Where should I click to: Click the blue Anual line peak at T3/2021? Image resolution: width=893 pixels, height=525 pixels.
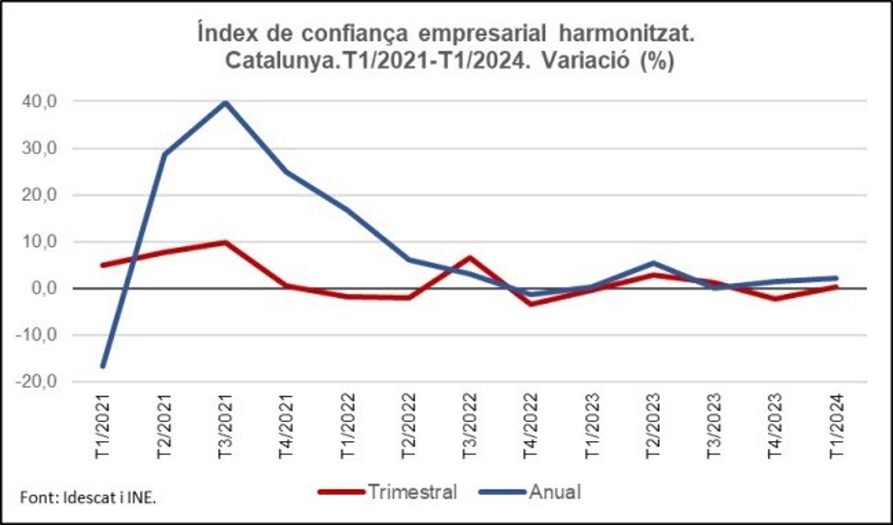click(x=225, y=103)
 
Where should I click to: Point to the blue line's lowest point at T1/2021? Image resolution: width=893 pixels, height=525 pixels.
click(x=102, y=366)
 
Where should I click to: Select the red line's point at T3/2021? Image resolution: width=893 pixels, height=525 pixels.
click(x=225, y=242)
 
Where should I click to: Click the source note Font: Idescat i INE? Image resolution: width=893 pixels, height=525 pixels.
click(x=87, y=498)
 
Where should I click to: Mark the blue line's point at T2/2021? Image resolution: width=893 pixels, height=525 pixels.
click(x=164, y=154)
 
